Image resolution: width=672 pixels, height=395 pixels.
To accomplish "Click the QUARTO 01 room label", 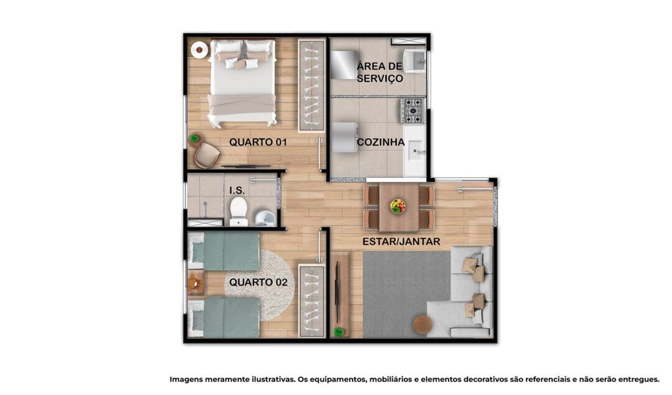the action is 258,142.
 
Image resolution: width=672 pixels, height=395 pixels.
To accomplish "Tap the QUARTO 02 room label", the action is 258,282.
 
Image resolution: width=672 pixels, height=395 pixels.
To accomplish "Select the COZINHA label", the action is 381,142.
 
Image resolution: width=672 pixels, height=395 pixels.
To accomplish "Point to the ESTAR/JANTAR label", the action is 401,241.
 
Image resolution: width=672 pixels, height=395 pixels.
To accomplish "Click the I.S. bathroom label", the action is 237,190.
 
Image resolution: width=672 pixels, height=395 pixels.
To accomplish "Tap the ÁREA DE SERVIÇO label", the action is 380,72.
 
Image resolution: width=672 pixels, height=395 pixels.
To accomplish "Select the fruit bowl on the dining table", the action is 398,206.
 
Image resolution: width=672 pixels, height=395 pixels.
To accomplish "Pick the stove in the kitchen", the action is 413,111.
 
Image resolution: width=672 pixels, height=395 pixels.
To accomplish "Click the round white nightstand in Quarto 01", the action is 199,50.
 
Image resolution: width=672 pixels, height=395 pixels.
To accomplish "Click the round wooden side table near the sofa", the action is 423,324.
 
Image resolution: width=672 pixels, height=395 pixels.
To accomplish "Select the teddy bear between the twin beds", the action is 195,284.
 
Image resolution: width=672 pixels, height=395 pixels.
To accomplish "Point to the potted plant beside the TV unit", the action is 339,332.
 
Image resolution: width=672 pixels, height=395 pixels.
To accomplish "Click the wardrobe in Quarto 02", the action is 312,300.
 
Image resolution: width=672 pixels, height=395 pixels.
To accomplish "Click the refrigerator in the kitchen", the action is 344,137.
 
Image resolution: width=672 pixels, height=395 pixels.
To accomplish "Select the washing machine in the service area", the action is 343,65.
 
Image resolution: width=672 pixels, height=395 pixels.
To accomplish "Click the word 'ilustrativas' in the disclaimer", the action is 271,379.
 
